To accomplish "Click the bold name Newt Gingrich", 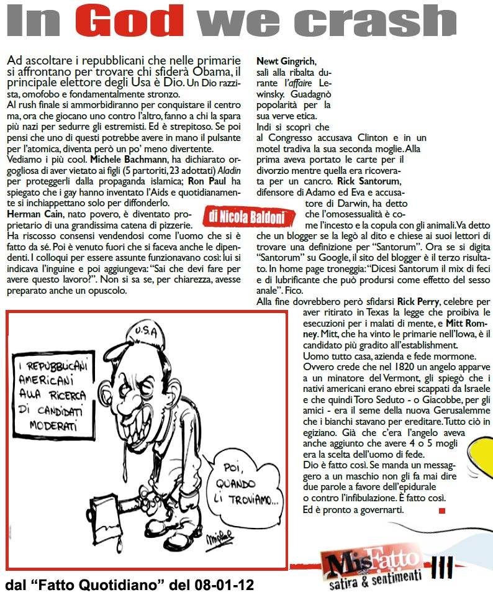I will pyautogui.click(x=286, y=61).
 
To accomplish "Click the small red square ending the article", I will pyautogui.click(x=441, y=511).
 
